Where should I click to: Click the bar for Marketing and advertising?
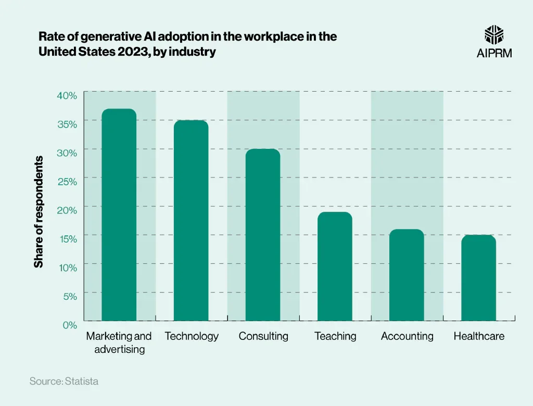[119, 214]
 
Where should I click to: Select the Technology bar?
[191, 220]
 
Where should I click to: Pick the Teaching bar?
[335, 266]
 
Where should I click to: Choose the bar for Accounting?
[407, 275]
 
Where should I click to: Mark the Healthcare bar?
[478, 277]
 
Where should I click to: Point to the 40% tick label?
[67, 95]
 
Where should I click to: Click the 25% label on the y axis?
[67, 182]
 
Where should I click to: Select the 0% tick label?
[70, 325]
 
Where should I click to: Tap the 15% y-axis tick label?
[67, 239]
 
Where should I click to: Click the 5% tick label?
[70, 296]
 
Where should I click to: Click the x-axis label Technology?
[192, 336]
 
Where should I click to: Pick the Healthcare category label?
[479, 336]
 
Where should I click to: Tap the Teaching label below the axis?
[335, 336]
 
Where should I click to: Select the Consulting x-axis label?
[263, 336]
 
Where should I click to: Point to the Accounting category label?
[407, 336]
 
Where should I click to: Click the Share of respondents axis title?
[39, 212]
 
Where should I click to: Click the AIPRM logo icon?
[494, 35]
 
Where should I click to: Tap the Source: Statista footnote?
[64, 382]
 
